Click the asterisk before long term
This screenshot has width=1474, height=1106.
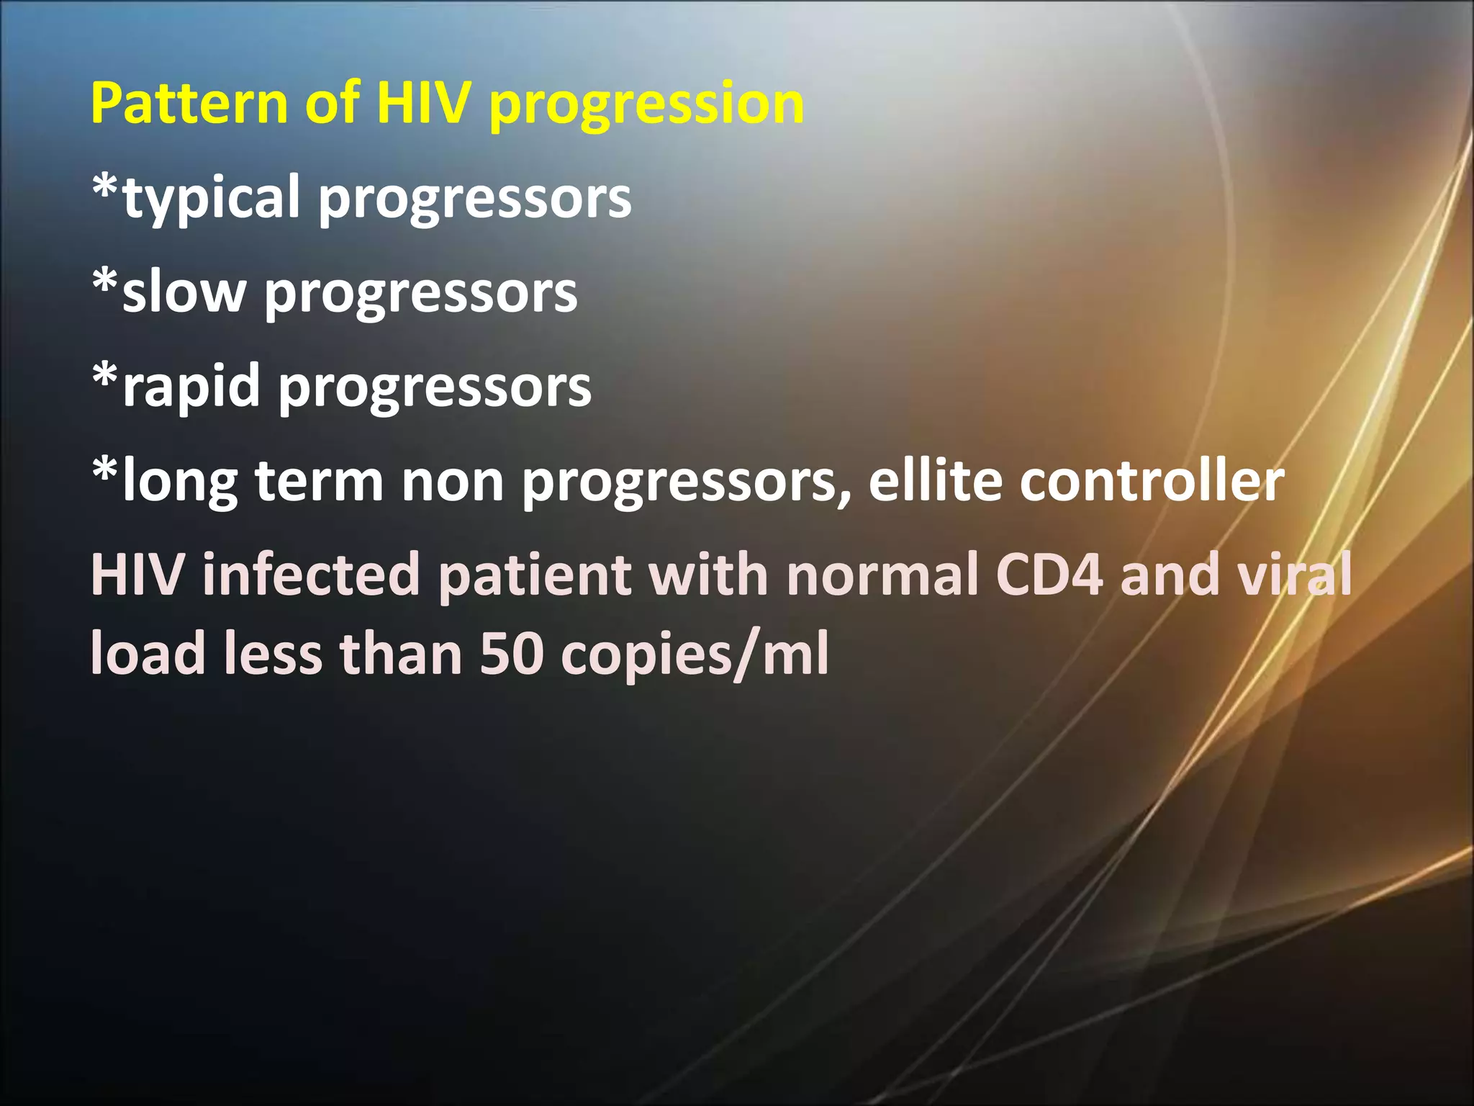tap(105, 472)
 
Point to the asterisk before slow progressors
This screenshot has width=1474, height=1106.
tap(105, 283)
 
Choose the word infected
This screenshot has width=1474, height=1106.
tap(311, 575)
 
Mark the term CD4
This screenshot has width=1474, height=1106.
tap(1049, 575)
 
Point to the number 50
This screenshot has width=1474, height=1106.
tap(511, 654)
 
